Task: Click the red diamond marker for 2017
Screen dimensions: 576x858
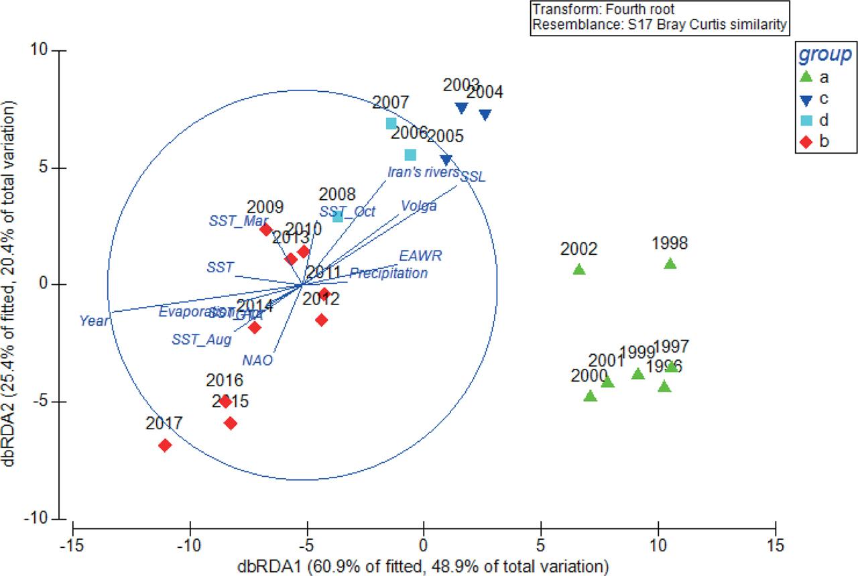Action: pyautogui.click(x=165, y=445)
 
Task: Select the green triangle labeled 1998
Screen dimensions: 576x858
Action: pyautogui.click(x=670, y=264)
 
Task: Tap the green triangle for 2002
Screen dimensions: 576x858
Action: pyautogui.click(x=579, y=270)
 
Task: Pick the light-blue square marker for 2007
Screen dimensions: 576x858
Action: pyautogui.click(x=391, y=123)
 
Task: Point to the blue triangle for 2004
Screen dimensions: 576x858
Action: pyautogui.click(x=485, y=115)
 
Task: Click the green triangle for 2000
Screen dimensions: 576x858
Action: pyautogui.click(x=590, y=396)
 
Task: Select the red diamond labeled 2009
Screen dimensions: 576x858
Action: pyautogui.click(x=265, y=230)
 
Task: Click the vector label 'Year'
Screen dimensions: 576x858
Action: pyautogui.click(x=93, y=321)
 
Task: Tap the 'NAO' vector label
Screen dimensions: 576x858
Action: pyautogui.click(x=258, y=360)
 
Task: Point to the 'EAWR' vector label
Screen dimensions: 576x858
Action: pyautogui.click(x=420, y=256)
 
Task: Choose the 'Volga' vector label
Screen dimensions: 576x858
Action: pyautogui.click(x=419, y=206)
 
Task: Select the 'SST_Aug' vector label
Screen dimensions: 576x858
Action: pyautogui.click(x=201, y=340)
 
